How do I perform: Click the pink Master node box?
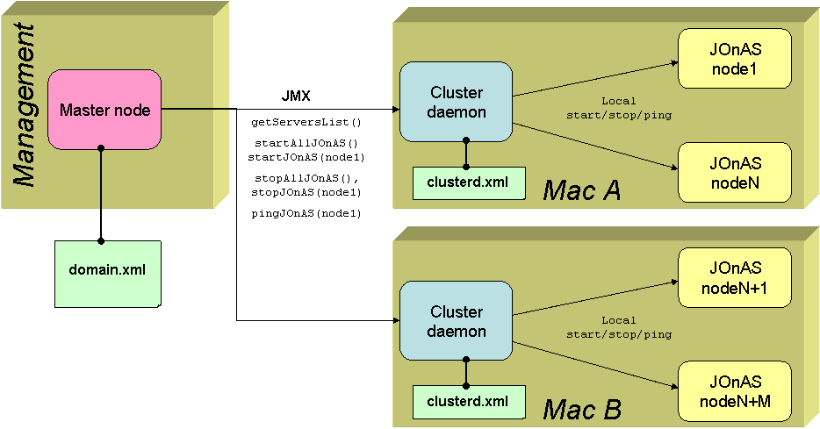point(104,110)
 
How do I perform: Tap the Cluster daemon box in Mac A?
point(456,102)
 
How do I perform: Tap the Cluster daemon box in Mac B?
point(456,321)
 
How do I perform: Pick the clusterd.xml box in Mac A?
point(465,182)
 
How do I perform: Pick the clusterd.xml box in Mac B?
point(465,402)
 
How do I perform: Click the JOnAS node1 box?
point(734,58)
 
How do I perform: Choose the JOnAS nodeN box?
point(734,172)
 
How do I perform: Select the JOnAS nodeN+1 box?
point(734,277)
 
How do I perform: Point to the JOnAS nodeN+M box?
point(734,391)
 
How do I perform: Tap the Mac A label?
point(581,189)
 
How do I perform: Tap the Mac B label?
point(581,408)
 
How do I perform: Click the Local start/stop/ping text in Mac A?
point(618,108)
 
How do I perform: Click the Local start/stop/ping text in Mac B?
point(618,327)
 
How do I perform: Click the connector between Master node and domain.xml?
point(101,193)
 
